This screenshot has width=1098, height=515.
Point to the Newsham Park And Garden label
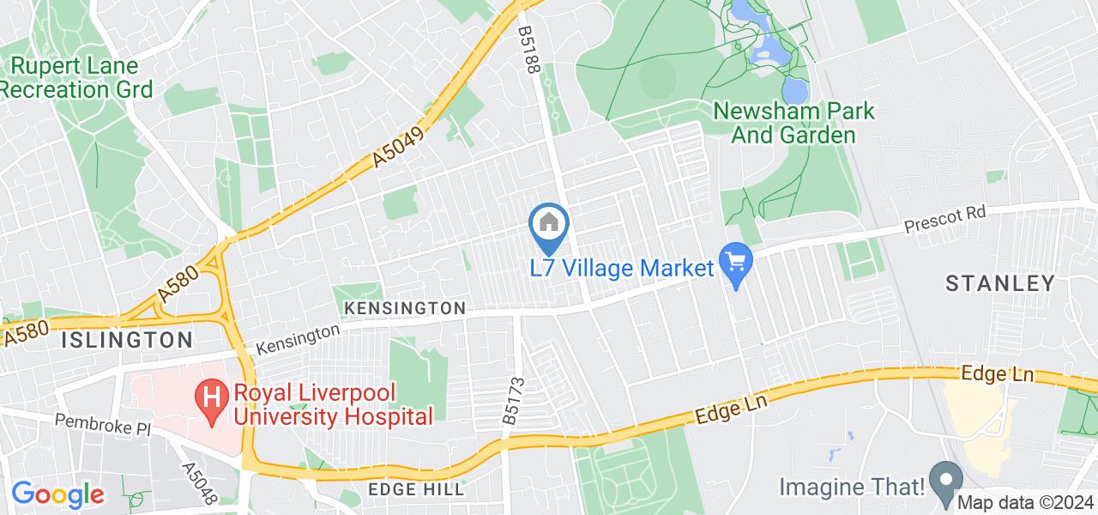click(794, 123)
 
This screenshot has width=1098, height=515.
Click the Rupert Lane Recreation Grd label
click(76, 77)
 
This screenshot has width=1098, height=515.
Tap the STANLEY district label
click(999, 282)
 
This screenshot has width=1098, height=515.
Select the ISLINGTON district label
click(127, 339)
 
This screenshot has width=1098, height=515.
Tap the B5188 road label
click(527, 51)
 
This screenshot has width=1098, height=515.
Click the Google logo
click(57, 494)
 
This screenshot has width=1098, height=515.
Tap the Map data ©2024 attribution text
click(1027, 503)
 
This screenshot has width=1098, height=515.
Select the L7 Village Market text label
click(621, 268)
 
